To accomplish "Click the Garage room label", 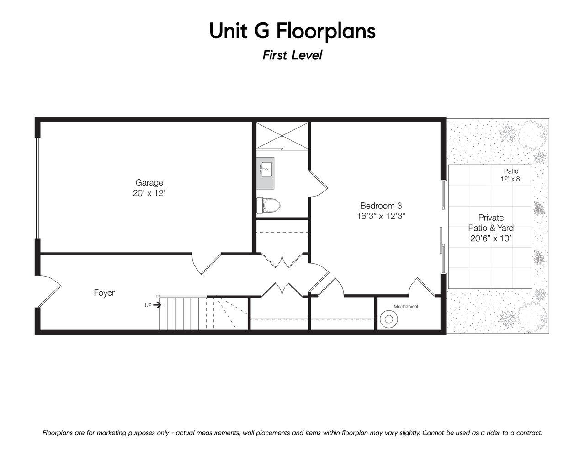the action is pyautogui.click(x=149, y=182).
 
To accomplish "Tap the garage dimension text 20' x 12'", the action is pyautogui.click(x=149, y=193).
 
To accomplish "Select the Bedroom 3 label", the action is pyautogui.click(x=381, y=206).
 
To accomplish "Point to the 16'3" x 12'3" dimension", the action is pyautogui.click(x=381, y=216).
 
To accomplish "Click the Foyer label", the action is pyautogui.click(x=104, y=292).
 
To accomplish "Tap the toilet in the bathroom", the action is pyautogui.click(x=268, y=205).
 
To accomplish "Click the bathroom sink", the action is pyautogui.click(x=266, y=173).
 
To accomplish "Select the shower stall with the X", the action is pyautogui.click(x=282, y=135).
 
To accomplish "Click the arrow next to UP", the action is pyautogui.click(x=157, y=305).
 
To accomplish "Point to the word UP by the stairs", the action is pyautogui.click(x=148, y=305).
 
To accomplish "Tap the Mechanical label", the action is pyautogui.click(x=406, y=307).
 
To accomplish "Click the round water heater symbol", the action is pyautogui.click(x=389, y=319).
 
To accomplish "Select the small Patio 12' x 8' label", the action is pyautogui.click(x=511, y=175).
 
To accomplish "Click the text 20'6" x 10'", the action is pyautogui.click(x=491, y=239).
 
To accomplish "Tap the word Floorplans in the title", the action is pyautogui.click(x=326, y=32).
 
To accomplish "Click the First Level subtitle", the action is pyautogui.click(x=292, y=55).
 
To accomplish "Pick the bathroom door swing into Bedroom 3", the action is pyautogui.click(x=318, y=184).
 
